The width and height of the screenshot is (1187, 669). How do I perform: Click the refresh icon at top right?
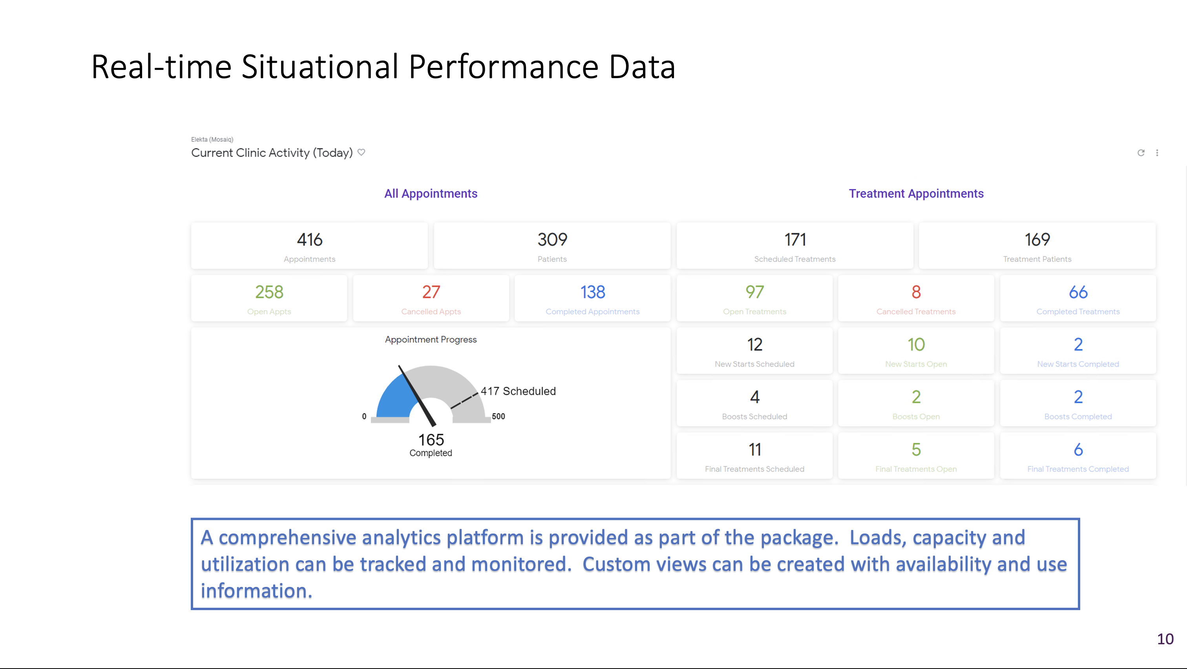click(x=1141, y=153)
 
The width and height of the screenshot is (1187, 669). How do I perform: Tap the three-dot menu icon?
click(x=1157, y=153)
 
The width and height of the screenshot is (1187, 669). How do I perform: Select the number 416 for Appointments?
click(x=310, y=239)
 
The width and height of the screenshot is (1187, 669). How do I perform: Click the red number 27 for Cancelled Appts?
click(x=431, y=292)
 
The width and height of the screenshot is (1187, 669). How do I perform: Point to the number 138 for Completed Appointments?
click(x=593, y=292)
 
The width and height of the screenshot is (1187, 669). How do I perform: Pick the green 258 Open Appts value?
click(x=269, y=292)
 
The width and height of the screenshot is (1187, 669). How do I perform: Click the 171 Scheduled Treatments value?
click(x=795, y=239)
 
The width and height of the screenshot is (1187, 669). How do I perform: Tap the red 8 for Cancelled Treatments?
click(x=916, y=292)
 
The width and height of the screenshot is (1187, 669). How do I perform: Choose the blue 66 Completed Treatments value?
click(x=1078, y=292)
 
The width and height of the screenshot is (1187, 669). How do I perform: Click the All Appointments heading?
click(x=431, y=194)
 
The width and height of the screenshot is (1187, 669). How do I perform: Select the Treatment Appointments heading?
click(x=916, y=194)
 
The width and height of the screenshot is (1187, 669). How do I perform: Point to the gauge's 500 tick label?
click(x=498, y=417)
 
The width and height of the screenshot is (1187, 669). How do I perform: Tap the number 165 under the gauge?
click(x=431, y=440)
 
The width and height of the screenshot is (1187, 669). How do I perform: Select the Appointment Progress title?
click(x=431, y=340)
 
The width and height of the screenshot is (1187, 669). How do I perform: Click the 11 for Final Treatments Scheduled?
click(x=754, y=450)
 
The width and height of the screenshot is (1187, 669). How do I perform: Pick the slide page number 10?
click(x=1165, y=639)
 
